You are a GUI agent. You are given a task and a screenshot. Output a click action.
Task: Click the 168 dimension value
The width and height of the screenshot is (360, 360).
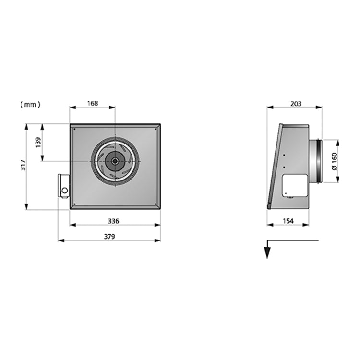[x=93, y=103]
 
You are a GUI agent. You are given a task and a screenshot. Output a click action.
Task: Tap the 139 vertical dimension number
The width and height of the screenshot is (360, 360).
[x=38, y=143]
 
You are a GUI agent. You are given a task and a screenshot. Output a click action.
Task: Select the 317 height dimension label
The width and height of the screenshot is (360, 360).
[x=23, y=165]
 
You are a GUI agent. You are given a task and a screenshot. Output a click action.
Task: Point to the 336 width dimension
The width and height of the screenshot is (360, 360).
[x=114, y=221]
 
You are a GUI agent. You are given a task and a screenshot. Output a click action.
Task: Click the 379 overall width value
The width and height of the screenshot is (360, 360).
[x=109, y=236]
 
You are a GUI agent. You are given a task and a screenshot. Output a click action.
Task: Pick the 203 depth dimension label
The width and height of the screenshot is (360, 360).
[x=296, y=104]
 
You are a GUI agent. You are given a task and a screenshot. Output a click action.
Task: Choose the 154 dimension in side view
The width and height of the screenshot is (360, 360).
[x=288, y=221]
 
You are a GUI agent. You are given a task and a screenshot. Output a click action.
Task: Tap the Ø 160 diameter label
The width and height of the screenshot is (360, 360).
[x=335, y=161]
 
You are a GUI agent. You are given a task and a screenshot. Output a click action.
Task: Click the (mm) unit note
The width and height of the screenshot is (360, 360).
[x=30, y=105]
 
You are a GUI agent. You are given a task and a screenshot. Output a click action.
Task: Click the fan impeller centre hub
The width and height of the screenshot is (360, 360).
[x=114, y=161]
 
